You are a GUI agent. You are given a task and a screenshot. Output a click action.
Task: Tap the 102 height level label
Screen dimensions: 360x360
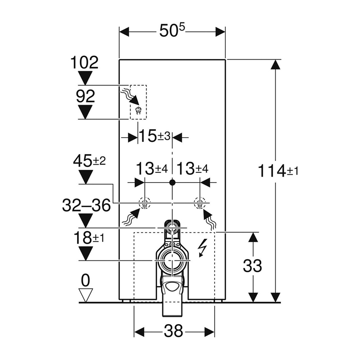(86, 63)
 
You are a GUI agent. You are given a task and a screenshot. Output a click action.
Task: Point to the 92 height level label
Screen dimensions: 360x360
(86, 97)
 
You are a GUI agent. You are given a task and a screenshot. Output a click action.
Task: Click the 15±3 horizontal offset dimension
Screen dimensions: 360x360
(155, 137)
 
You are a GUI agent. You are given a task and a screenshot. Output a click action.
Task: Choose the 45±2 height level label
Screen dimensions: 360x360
(89, 161)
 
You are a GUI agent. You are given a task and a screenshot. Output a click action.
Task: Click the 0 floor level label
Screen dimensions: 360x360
(86, 280)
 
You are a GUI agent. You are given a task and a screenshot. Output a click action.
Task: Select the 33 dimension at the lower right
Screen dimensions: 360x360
(252, 266)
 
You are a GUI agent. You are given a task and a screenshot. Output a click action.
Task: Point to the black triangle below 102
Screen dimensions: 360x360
(86, 78)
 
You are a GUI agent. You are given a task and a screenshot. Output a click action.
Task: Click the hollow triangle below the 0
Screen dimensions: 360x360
(86, 295)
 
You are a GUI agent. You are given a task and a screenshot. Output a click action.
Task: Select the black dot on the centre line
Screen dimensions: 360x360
(172, 183)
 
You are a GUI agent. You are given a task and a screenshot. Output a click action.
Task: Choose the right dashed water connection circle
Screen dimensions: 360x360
(199, 203)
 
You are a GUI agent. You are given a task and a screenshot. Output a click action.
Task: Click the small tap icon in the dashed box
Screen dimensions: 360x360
(137, 111)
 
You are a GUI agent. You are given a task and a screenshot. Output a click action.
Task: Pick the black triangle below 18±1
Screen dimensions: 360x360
(86, 253)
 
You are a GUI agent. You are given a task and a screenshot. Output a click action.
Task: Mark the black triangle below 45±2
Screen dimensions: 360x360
(86, 177)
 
